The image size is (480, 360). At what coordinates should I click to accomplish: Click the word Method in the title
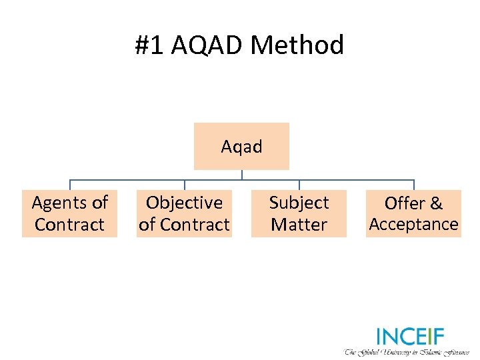[297, 45]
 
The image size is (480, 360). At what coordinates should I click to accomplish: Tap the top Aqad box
[241, 146]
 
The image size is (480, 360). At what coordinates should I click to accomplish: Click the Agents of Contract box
[69, 213]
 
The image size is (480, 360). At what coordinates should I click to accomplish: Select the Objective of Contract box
[184, 213]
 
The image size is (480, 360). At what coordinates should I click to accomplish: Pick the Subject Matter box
[299, 213]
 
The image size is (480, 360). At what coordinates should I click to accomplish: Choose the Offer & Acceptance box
[413, 213]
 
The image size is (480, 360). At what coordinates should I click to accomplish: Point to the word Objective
[184, 203]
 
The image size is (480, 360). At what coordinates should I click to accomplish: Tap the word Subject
[299, 203]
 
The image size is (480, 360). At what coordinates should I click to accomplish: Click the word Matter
[299, 225]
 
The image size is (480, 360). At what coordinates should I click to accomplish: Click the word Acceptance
[413, 225]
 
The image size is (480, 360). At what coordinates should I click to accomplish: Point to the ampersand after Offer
[435, 203]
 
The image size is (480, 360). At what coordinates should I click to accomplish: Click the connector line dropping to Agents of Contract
[70, 185]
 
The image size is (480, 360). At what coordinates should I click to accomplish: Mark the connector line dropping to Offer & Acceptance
[414, 185]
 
